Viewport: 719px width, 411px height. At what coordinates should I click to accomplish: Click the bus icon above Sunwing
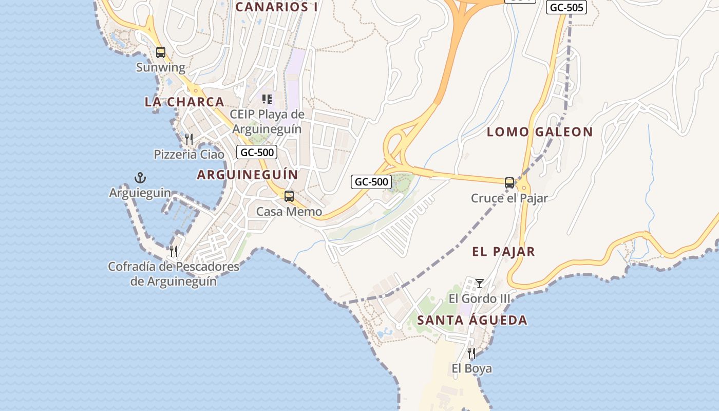point(161,52)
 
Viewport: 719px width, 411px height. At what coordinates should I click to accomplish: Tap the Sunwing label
point(161,67)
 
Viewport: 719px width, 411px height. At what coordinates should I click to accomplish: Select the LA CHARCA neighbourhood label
point(184,102)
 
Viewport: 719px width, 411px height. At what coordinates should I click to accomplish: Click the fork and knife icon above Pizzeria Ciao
point(189,139)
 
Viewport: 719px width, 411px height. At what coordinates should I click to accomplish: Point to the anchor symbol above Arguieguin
point(140,178)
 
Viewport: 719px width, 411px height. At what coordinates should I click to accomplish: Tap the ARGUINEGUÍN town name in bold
point(247,175)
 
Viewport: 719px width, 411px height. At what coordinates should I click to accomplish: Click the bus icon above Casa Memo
point(289,196)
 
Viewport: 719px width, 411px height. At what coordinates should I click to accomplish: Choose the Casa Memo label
point(289,212)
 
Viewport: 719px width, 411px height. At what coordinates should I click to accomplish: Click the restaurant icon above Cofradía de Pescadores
point(174,251)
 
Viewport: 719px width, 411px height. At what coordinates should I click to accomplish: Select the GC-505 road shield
point(566,8)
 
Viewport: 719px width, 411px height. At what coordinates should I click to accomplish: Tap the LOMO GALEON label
point(540,132)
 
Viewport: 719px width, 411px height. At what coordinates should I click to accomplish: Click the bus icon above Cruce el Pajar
point(509,183)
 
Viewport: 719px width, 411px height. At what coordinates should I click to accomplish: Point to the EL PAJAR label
point(503,252)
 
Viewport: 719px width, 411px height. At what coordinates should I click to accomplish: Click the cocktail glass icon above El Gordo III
point(480,284)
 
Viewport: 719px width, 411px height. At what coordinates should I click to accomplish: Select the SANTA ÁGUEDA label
point(472,321)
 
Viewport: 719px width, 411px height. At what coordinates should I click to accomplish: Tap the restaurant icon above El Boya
point(471,353)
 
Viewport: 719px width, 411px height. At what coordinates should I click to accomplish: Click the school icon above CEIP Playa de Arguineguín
point(267,99)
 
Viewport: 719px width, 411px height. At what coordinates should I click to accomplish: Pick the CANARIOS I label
point(276,7)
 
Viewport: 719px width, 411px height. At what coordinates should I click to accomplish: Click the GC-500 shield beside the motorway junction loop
point(371,182)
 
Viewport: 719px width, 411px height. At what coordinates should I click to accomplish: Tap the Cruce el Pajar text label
point(509,198)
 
